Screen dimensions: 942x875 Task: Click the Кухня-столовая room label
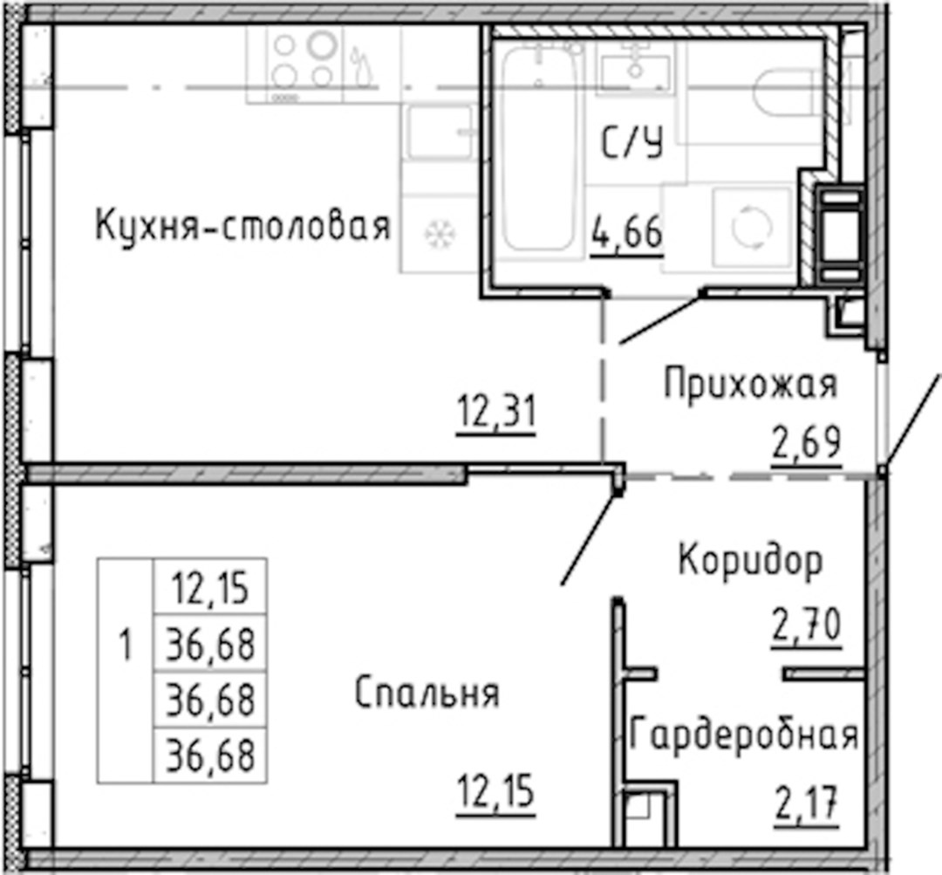243,227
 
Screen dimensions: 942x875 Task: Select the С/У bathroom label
632,145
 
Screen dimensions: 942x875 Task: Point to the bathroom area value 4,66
627,234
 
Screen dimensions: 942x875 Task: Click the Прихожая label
750,385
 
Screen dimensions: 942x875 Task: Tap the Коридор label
750,561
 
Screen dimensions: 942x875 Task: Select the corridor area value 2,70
807,625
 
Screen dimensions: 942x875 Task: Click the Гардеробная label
744,734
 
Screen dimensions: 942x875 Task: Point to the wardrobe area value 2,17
806,804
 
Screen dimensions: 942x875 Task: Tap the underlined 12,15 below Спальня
495,791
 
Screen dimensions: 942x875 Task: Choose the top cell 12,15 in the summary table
210,587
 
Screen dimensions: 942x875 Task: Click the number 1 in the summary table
125,646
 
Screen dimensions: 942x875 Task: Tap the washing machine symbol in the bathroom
752,227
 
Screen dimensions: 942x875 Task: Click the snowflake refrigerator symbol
440,234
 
